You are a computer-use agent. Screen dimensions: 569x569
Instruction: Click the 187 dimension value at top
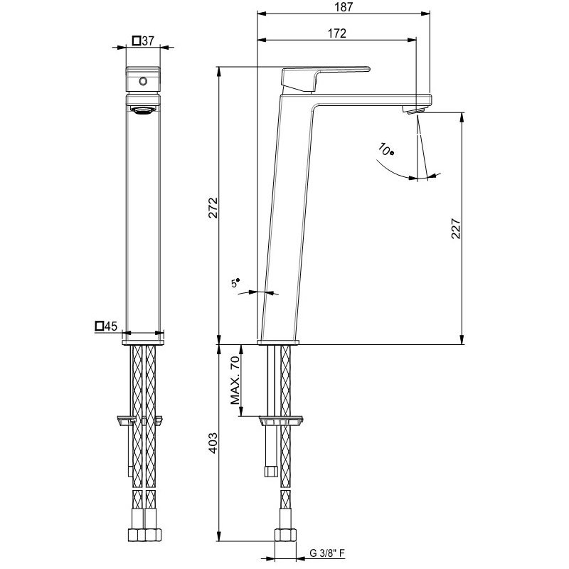pyautogui.click(x=344, y=6)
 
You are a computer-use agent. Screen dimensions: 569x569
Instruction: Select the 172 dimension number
pyautogui.click(x=336, y=33)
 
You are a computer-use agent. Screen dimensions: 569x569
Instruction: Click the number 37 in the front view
pyautogui.click(x=148, y=41)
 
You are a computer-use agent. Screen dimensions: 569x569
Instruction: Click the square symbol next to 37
pyautogui.click(x=136, y=41)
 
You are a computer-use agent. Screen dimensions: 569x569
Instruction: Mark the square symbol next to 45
pyautogui.click(x=99, y=326)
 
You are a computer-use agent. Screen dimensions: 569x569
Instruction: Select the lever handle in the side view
pyautogui.click(x=324, y=75)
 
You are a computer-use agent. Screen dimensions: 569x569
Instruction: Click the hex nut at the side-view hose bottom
pyautogui.click(x=285, y=535)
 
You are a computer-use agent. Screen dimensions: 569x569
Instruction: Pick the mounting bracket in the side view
pyautogui.click(x=282, y=420)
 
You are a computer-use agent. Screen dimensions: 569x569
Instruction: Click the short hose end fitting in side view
pyautogui.click(x=270, y=469)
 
